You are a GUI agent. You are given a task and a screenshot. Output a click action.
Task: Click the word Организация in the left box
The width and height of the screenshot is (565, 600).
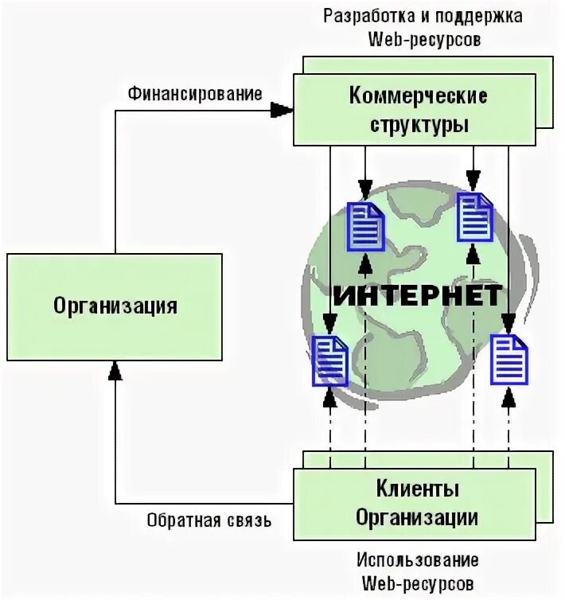point(115,306)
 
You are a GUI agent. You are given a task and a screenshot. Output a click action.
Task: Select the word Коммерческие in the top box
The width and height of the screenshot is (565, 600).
point(418,96)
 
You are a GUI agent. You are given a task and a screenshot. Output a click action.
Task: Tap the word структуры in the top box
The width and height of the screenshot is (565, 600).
point(418,124)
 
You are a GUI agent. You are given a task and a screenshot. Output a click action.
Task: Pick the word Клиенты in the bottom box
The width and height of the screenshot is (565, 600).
point(418,488)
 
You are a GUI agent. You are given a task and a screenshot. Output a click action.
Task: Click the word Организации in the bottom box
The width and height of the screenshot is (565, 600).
point(418,516)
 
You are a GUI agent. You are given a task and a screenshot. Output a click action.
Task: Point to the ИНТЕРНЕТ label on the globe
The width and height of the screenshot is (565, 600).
point(417,295)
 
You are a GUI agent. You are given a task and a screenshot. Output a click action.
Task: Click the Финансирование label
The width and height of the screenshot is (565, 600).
point(195,94)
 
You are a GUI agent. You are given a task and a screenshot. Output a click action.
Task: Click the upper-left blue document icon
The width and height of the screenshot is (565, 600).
point(367,226)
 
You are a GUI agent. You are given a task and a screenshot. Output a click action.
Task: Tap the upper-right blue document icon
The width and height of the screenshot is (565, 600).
point(475,216)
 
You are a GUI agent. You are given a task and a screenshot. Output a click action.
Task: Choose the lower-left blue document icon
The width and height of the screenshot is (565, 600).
point(329,360)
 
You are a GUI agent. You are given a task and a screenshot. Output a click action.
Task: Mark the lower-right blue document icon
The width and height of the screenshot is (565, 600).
point(509,360)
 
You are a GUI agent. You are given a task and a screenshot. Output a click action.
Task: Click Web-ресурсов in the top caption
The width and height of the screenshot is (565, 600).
point(423,40)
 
